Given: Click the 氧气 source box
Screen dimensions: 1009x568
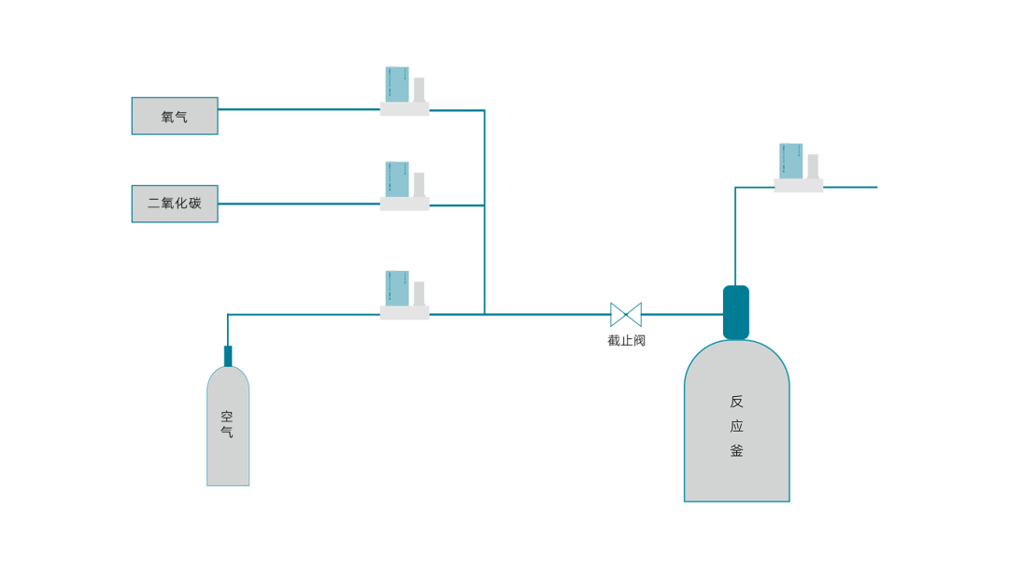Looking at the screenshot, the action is [175, 116].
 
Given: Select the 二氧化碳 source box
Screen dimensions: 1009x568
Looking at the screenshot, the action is [175, 204].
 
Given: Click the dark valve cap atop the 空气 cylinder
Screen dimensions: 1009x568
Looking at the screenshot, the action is [228, 356].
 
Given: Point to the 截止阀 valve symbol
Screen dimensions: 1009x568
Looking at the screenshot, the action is [625, 315].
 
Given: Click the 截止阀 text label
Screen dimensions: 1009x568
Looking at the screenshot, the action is [626, 340].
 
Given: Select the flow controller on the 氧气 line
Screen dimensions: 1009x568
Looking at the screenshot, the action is [405, 92].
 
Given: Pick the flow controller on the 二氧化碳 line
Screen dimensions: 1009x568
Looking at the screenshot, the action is [405, 186].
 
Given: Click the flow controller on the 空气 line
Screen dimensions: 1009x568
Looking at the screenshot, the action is [405, 295].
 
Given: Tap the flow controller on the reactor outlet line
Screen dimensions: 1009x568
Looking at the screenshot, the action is [798, 168].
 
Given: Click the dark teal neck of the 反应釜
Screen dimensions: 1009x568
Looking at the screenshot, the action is [736, 312].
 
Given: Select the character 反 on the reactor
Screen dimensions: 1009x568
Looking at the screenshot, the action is [737, 402].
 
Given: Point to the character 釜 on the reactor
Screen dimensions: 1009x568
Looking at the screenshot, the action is [737, 450].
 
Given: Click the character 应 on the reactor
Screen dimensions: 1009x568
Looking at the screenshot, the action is [737, 426].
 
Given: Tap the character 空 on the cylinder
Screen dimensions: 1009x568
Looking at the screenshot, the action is [227, 416].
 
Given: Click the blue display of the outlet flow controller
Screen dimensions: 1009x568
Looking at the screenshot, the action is [791, 161].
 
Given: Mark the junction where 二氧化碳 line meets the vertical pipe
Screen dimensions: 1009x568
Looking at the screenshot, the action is [484, 206].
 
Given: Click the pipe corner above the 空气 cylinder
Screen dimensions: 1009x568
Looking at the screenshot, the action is [228, 315].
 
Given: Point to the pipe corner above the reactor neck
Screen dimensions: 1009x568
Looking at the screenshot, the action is [735, 187].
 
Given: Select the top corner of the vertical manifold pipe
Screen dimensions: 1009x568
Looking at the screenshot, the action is [484, 110].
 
